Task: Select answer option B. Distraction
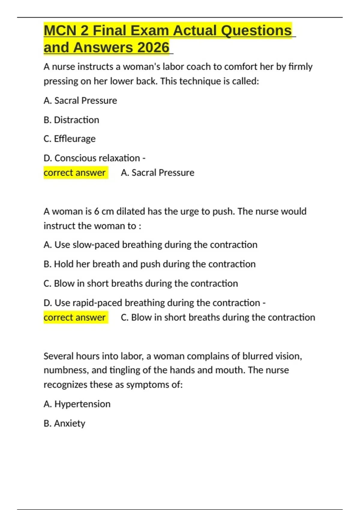pos(71,120)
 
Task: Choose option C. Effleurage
pos(70,139)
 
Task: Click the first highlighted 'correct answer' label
pos(75,173)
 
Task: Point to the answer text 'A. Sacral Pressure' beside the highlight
pos(157,173)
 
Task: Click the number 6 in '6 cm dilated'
pos(97,211)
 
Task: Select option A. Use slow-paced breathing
pos(150,245)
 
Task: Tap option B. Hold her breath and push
pos(149,264)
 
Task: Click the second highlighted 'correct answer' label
pos(75,317)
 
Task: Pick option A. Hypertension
pos(77,404)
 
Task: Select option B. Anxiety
pos(64,423)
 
